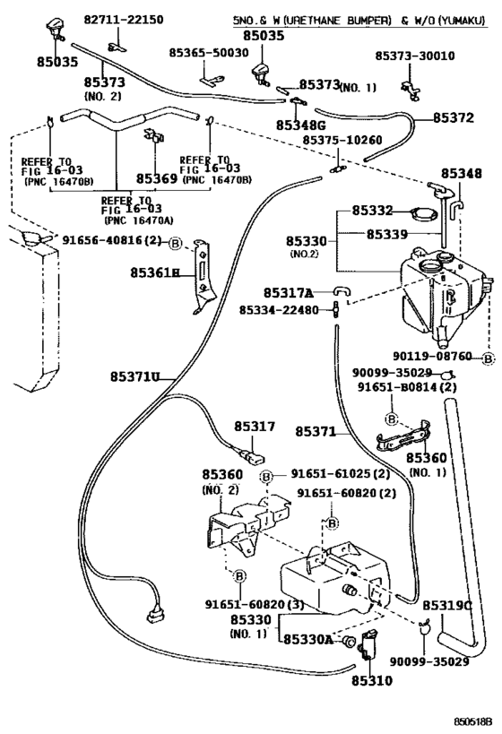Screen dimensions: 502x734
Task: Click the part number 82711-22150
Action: click(x=124, y=20)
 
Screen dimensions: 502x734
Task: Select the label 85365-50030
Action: click(x=209, y=52)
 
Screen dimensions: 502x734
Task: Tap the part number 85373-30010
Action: click(x=415, y=56)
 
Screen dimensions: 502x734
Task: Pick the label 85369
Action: click(x=157, y=178)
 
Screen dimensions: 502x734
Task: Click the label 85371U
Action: click(x=135, y=376)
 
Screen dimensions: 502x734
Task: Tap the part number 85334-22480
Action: click(x=279, y=310)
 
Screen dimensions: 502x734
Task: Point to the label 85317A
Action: click(x=288, y=293)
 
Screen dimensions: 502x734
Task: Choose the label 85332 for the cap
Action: click(x=372, y=211)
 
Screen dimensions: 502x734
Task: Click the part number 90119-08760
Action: click(x=432, y=357)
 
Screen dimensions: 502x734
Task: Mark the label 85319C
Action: click(x=447, y=606)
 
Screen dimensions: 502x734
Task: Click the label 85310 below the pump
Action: click(x=372, y=680)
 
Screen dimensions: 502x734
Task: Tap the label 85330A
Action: click(x=308, y=639)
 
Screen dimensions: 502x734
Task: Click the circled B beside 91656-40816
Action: click(x=175, y=243)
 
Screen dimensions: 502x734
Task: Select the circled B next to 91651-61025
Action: click(x=266, y=477)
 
